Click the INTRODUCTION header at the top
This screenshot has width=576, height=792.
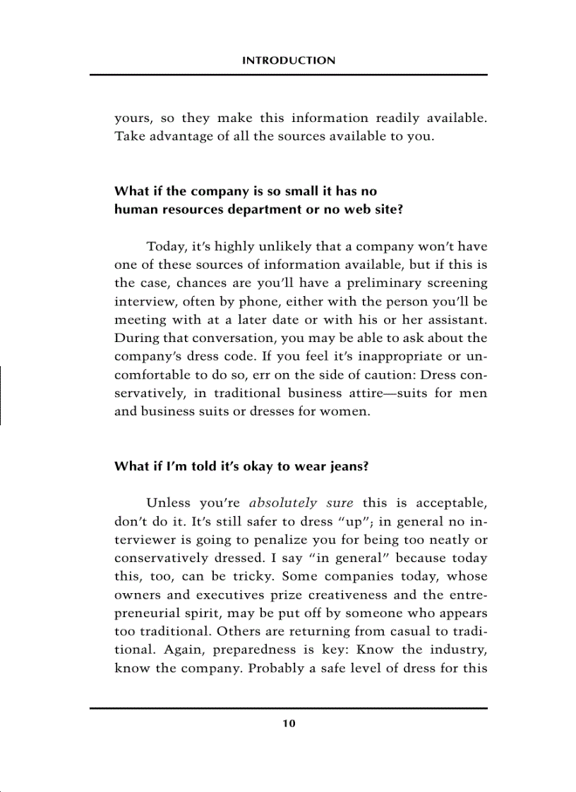point(289,61)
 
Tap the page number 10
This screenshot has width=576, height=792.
point(289,724)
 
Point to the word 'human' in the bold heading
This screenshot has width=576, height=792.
point(133,209)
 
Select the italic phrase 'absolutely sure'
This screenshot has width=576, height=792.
point(301,503)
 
